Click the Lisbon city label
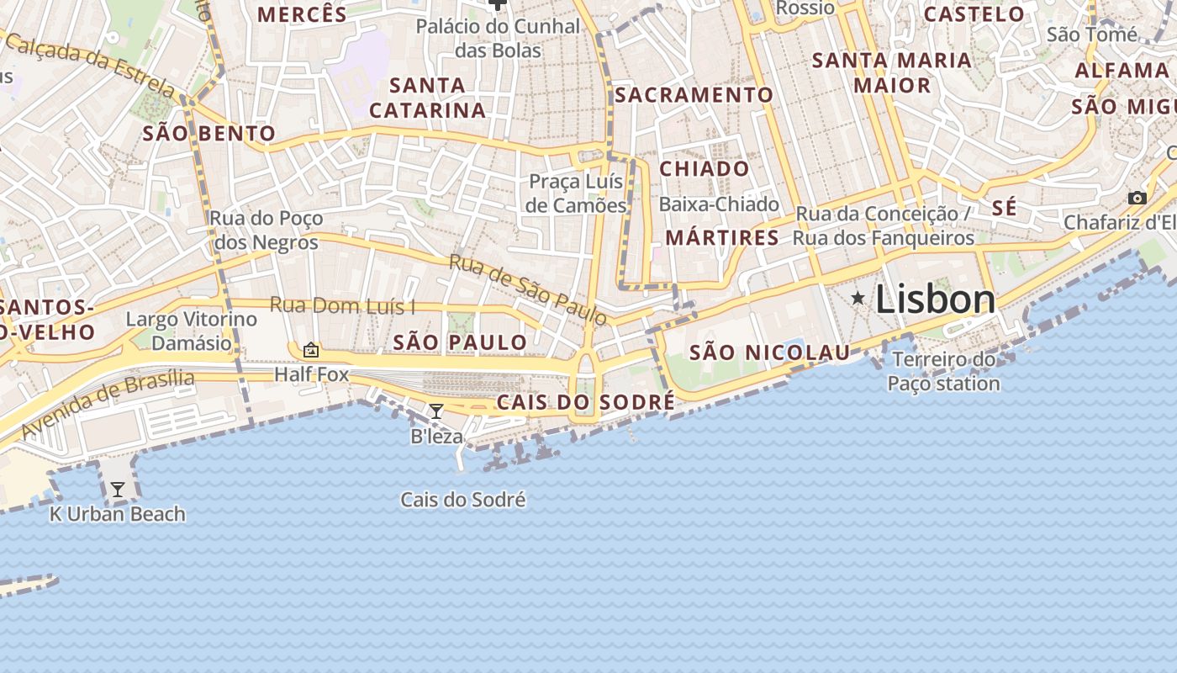[x=936, y=299]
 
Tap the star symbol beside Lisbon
[x=858, y=298]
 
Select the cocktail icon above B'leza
[x=436, y=411]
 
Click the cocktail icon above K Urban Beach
[x=118, y=489]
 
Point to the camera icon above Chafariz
[x=1137, y=199]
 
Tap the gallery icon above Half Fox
[x=311, y=350]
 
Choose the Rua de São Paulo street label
[x=527, y=289]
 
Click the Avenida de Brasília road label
[x=108, y=404]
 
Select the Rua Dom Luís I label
[x=342, y=305]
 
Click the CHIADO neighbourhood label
[x=704, y=169]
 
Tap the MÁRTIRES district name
[x=722, y=238]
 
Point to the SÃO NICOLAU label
[x=769, y=352]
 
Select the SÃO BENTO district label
[x=208, y=133]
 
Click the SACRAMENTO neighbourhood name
[x=694, y=95]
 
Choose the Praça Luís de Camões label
[x=577, y=193]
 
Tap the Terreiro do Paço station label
[x=944, y=372]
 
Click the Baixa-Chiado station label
[x=719, y=204]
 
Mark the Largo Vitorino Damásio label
[x=191, y=331]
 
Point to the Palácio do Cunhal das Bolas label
[x=499, y=38]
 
